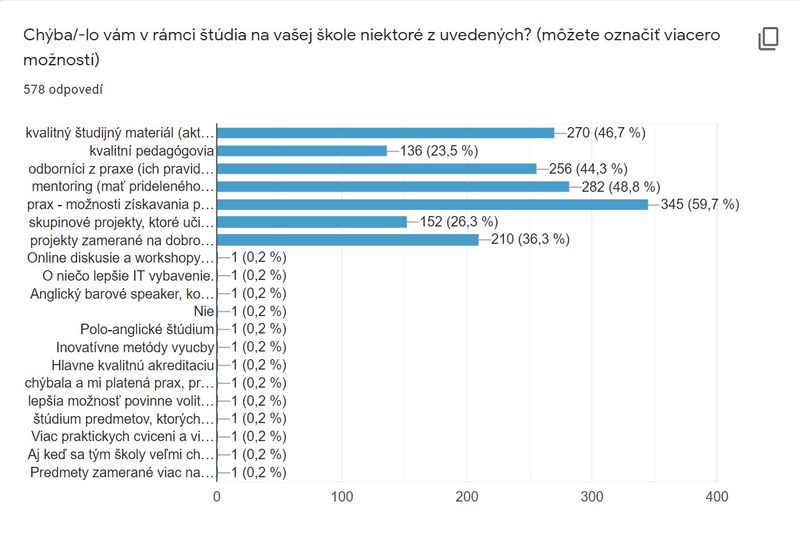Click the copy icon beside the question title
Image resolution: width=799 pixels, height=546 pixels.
coord(768,39)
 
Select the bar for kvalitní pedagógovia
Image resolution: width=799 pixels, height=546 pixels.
coord(301,151)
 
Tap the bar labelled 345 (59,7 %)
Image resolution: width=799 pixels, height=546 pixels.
coord(432,204)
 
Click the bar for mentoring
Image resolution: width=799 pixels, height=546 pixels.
coord(392,186)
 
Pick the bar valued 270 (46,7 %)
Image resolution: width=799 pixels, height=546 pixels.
coord(385,133)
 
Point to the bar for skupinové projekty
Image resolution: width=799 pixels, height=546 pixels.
coord(312,222)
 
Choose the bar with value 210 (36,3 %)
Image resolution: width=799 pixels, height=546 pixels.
coord(348,240)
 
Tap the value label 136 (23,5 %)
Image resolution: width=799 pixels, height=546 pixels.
coord(442,151)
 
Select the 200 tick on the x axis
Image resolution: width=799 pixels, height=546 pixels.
coord(467,497)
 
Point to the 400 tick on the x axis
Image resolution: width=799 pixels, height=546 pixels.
coord(716,497)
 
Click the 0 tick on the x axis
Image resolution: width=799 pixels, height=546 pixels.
coord(217,497)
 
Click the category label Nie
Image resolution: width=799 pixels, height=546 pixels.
coord(203,311)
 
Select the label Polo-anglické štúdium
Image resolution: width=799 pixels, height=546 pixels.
coord(146,329)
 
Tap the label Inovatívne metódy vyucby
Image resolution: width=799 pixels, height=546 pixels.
coord(135,347)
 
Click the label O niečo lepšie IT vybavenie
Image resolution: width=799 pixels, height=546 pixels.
coord(128,276)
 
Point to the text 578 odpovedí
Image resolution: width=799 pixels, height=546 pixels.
coord(64,90)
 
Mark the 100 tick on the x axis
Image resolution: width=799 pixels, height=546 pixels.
coord(342,497)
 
